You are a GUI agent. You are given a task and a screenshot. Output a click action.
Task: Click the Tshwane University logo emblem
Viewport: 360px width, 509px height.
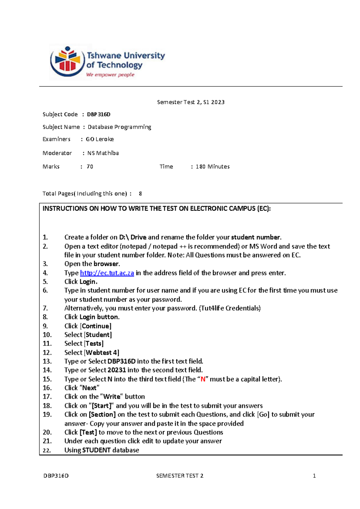(67, 62)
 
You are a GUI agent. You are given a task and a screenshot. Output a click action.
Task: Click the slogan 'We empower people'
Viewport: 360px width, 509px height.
(110, 75)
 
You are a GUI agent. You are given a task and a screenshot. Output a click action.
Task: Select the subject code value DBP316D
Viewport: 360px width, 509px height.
(99, 114)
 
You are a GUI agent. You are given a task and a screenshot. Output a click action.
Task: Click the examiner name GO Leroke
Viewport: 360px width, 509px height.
(100, 139)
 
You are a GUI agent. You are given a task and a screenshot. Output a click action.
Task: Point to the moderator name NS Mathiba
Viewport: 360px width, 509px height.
(103, 153)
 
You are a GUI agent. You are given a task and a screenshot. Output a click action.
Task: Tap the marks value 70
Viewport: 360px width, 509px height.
(90, 167)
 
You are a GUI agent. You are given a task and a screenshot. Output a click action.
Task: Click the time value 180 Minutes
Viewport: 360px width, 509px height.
(212, 167)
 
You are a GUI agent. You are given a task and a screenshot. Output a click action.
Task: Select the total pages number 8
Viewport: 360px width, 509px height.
(140, 194)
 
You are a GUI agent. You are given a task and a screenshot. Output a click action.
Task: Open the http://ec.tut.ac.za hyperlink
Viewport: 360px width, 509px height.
(107, 273)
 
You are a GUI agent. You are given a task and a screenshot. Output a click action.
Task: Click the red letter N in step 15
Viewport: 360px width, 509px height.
(203, 379)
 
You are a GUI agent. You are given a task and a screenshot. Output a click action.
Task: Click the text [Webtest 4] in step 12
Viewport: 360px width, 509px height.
(102, 352)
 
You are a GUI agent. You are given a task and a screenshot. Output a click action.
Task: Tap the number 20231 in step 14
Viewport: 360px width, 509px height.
(117, 370)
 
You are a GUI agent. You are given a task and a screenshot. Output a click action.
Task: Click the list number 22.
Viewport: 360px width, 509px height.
(47, 450)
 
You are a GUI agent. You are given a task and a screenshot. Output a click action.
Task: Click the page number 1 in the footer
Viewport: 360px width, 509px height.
(314, 476)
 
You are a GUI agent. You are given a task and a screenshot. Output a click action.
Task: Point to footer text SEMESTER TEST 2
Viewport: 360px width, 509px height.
(180, 476)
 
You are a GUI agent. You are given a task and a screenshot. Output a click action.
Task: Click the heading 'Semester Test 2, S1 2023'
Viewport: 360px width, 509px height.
(191, 102)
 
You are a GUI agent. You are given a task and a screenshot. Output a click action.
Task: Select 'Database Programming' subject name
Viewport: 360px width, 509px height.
(119, 127)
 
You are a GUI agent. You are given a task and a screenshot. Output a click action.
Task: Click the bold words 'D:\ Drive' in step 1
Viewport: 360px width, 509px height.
(133, 237)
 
